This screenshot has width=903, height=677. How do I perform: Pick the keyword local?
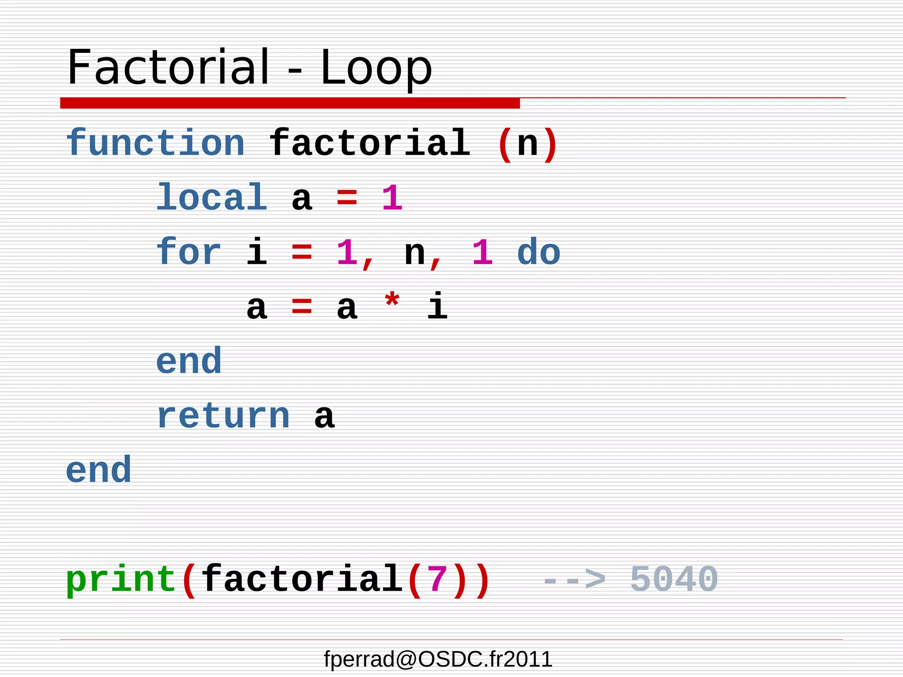pos(212,197)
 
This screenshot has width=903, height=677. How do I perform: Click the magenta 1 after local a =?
pos(392,198)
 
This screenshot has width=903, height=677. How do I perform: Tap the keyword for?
pos(189,252)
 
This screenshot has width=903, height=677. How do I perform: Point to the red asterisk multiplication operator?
pos(392,302)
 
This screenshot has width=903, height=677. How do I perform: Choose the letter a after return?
pos(325,417)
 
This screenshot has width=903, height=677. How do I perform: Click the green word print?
pos(121,579)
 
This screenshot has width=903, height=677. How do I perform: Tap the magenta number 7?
pos(437,579)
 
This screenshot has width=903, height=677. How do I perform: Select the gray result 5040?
pos(674,579)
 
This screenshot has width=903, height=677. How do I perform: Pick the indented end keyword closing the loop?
pos(189,361)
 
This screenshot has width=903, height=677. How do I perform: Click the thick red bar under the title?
pos(290,103)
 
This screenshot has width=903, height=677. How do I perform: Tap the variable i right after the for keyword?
pos(257,252)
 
